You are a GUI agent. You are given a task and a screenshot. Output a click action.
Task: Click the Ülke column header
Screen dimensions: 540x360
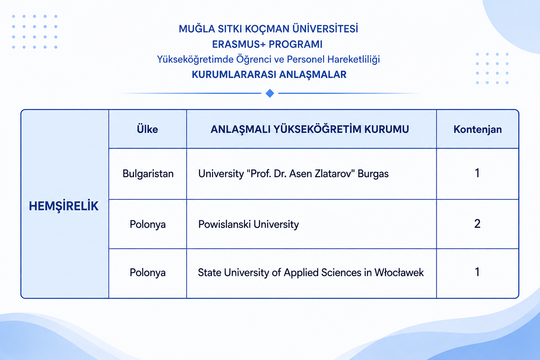coord(147,129)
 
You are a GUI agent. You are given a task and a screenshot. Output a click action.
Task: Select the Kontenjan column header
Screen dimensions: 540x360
coord(477,129)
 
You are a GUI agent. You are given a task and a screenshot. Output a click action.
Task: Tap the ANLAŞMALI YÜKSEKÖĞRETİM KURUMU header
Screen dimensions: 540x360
coord(310,129)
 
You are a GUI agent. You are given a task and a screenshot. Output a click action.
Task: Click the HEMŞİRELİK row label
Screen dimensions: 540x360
coord(64,206)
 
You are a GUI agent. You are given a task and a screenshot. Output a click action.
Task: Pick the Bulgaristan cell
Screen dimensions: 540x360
coord(148,174)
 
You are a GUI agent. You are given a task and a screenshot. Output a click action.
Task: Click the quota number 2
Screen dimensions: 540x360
coord(477,224)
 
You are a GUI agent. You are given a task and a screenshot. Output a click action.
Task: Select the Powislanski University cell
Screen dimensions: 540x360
coord(249,225)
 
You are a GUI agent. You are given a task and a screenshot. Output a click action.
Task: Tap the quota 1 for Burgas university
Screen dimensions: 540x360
coord(477,173)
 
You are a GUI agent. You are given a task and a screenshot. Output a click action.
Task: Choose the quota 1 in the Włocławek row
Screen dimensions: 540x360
coord(477,272)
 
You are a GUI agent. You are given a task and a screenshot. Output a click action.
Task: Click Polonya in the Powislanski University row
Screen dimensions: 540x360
coord(148,225)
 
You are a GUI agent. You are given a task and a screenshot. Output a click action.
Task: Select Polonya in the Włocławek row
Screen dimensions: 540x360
coord(148,273)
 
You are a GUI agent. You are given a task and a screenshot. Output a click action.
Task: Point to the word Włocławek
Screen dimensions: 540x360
coord(399,272)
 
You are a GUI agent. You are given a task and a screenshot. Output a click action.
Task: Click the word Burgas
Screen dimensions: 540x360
coord(373,174)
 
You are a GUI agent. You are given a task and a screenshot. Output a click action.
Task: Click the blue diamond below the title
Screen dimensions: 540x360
coord(270,93)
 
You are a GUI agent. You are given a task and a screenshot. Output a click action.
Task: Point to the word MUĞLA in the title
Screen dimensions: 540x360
coord(197,28)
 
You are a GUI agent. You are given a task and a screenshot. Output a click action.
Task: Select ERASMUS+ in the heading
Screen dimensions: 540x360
coord(239,44)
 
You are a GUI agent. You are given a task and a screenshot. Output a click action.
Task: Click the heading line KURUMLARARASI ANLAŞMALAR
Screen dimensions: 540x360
coord(269,75)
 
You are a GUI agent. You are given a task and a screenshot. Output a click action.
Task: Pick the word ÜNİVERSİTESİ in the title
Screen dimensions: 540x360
coord(325,28)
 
